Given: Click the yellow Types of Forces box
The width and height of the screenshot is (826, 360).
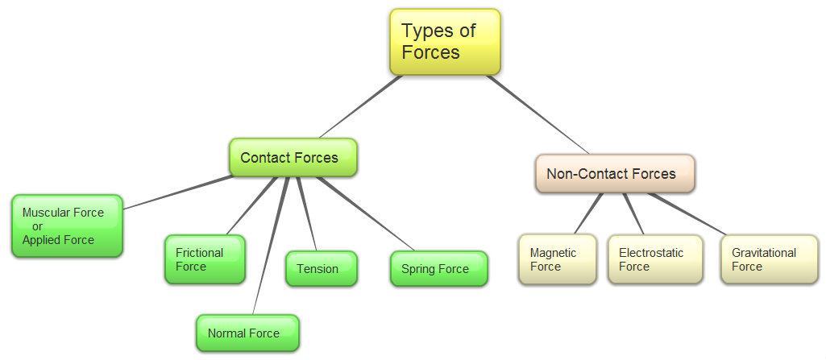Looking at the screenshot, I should [x=445, y=42].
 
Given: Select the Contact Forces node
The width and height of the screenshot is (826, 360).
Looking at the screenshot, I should [x=292, y=157].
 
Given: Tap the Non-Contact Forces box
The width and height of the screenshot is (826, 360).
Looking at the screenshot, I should [x=615, y=173].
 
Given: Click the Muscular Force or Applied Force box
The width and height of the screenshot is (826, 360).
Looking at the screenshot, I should [x=68, y=226].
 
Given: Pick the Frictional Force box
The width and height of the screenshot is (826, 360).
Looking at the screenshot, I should [x=205, y=259].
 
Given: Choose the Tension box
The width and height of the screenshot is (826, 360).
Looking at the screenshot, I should [x=321, y=269].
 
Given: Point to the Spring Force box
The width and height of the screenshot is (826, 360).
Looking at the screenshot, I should [x=438, y=269].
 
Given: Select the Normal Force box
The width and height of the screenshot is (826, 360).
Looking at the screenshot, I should [x=247, y=333].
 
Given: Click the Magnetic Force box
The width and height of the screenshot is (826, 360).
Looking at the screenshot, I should [x=558, y=259].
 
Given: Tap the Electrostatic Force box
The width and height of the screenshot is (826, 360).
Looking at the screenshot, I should [x=654, y=259].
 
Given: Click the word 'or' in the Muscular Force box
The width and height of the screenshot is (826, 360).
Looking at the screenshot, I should [x=37, y=226].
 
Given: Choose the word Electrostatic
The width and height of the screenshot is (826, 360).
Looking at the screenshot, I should [x=651, y=253].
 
